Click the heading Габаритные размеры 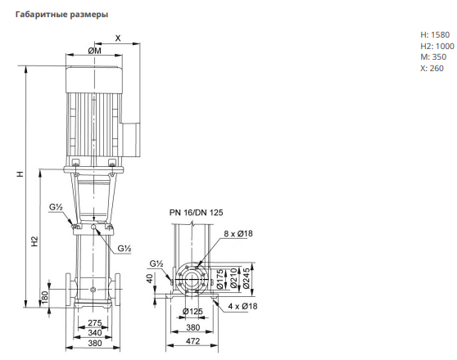pos(61,14)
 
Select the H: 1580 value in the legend pos(435,35)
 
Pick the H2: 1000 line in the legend pos(437,46)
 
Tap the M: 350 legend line pos(433,56)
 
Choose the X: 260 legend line pos(432,68)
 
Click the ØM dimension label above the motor pos(95,51)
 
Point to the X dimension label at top pos(118,38)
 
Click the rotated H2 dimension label pos(34,241)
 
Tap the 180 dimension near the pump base pos(44,297)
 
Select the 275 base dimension pos(95,322)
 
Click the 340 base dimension pos(95,333)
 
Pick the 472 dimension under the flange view pos(192,341)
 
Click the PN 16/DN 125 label pos(196,213)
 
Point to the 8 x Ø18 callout pos(238,234)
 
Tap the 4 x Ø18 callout pos(242,306)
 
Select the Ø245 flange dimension pos(247,279)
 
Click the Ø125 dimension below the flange pos(192,312)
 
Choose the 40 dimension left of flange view pos(150,278)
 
